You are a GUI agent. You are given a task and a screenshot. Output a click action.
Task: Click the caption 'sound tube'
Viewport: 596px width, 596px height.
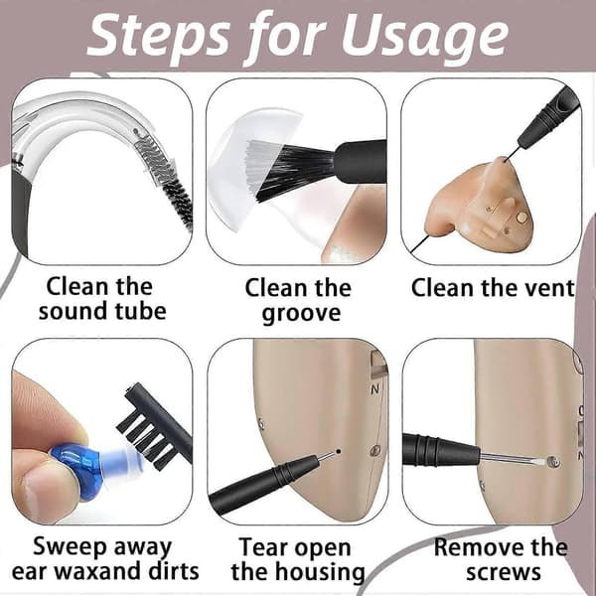click(102, 311)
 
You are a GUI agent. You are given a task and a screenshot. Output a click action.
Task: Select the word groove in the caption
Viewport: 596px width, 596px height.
click(301, 314)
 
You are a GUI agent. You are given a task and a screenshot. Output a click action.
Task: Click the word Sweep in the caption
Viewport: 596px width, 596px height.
click(70, 547)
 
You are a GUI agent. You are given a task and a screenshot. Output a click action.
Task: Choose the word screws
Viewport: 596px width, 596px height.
click(504, 572)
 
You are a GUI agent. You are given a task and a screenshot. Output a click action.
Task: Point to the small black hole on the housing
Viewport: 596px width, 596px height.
click(339, 452)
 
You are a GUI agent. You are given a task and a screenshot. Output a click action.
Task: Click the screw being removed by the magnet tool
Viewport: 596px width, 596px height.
click(555, 462)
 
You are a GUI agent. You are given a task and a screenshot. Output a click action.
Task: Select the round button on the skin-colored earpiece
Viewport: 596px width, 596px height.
click(522, 217)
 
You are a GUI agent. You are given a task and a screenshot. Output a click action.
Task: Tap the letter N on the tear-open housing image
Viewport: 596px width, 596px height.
click(374, 389)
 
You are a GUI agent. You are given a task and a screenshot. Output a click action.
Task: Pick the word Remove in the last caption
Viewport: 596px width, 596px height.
click(479, 547)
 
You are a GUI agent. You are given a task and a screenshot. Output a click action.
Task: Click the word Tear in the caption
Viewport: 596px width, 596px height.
click(263, 547)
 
